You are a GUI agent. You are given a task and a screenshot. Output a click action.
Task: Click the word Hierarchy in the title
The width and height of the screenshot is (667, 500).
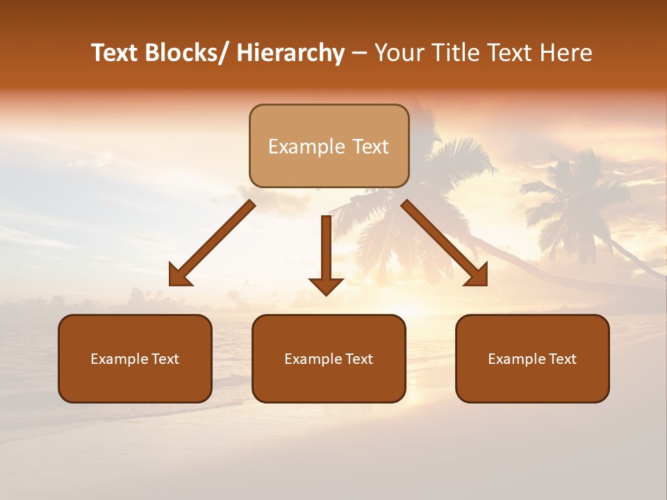point(290,53)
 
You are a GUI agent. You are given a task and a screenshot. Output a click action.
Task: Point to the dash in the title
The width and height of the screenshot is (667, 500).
point(359,53)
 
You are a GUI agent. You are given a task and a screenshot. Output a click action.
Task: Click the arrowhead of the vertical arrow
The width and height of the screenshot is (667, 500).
point(326,285)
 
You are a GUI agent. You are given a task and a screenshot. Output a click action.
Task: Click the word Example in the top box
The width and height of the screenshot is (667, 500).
point(297,147)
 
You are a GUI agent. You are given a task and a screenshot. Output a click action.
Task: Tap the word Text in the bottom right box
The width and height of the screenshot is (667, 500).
point(562,359)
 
